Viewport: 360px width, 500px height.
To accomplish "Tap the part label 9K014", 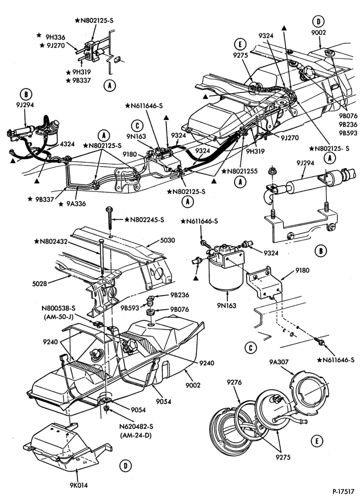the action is coord(78,485).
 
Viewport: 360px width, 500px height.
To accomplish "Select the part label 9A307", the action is coord(278,362).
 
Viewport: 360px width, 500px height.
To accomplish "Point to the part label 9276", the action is coord(234,382).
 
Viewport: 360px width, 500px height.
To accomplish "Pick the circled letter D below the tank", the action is coord(125,466).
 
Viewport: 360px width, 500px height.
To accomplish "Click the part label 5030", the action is coord(167,240).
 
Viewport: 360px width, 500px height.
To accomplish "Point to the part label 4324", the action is coord(67,144).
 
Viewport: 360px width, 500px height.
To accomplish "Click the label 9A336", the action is coord(76,203).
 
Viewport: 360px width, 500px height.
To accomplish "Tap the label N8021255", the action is coord(243,171).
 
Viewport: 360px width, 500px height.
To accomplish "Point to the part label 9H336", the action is coord(55,37).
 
